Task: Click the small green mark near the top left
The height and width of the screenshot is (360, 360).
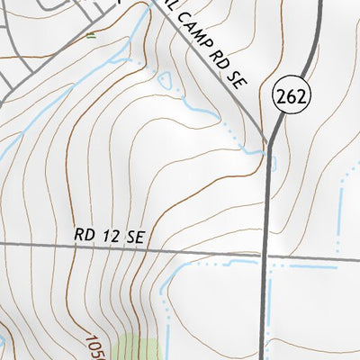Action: point(90,36)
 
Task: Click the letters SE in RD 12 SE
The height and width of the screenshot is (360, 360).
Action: point(135,237)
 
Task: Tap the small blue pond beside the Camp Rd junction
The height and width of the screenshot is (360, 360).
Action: point(273,162)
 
